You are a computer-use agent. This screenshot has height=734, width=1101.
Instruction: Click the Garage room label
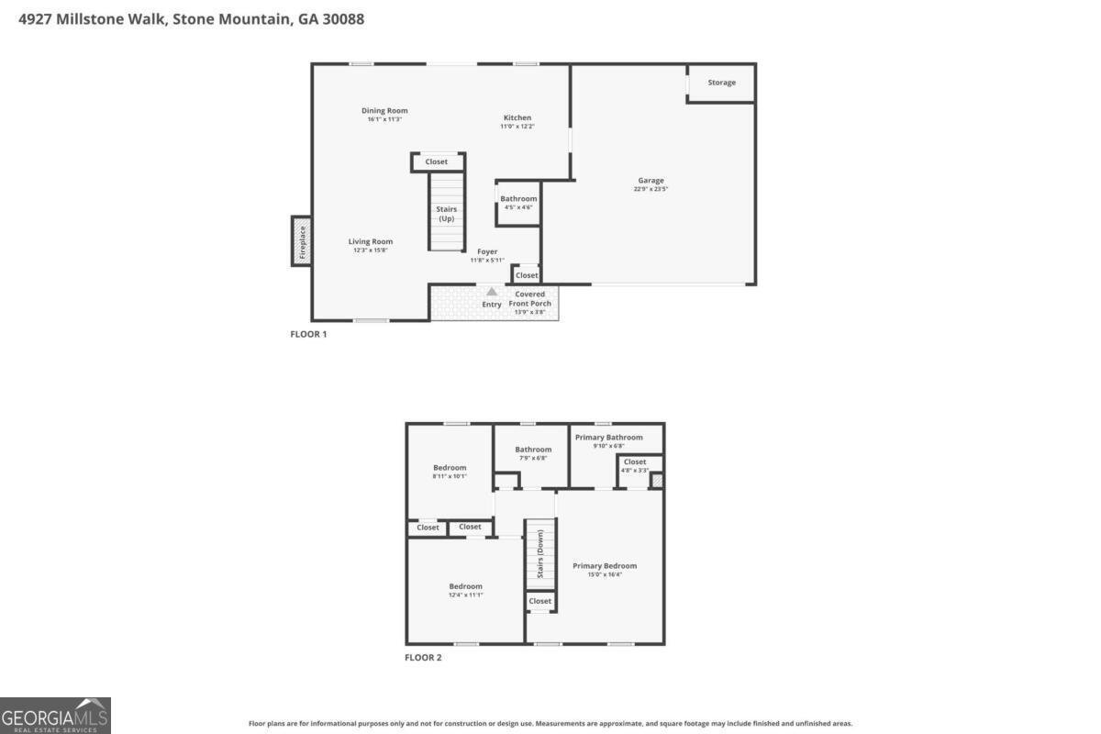click(x=651, y=181)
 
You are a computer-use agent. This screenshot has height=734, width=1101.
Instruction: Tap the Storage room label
click(x=721, y=83)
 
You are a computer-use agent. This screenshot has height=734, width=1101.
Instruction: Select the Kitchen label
click(x=517, y=117)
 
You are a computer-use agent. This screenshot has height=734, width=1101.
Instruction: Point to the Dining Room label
click(x=384, y=111)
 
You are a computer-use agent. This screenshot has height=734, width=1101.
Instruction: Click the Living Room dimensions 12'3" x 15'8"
click(x=371, y=250)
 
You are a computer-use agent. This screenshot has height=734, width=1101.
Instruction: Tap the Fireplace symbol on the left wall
click(x=301, y=241)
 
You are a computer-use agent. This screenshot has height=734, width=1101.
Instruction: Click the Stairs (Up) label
click(x=446, y=214)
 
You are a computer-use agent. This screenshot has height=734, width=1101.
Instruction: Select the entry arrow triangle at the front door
click(x=492, y=292)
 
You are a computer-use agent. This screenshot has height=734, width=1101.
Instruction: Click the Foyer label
click(x=487, y=251)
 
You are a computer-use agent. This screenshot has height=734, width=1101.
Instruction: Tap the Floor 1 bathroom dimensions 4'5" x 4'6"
click(x=518, y=207)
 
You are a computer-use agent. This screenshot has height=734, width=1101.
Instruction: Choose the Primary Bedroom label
click(x=605, y=566)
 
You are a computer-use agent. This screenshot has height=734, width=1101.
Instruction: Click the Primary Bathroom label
click(x=608, y=438)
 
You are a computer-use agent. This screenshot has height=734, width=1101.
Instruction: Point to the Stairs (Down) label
click(x=540, y=555)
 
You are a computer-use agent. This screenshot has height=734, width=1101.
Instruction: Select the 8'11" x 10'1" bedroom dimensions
click(x=450, y=476)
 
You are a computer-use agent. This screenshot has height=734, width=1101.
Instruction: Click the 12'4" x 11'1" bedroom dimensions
click(x=465, y=595)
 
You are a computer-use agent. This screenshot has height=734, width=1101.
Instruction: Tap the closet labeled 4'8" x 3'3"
click(x=635, y=471)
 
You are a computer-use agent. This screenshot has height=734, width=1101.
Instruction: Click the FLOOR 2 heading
click(x=423, y=657)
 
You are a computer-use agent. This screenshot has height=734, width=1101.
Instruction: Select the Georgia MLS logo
click(x=55, y=716)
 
